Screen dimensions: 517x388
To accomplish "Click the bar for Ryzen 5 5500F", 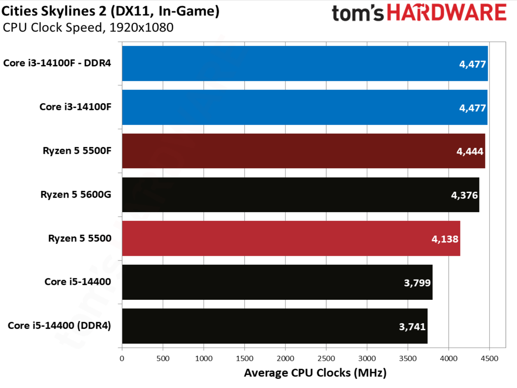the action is click(x=303, y=151).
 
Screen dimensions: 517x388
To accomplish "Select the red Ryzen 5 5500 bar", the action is click(x=291, y=238).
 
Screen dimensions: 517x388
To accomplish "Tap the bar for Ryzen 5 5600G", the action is click(x=301, y=195).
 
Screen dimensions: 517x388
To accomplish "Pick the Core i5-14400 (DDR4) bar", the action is click(x=275, y=326).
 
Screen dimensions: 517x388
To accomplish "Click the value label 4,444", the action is click(x=470, y=151).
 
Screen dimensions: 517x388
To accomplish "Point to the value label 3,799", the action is click(x=417, y=283).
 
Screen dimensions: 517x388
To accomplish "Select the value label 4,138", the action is click(x=445, y=239).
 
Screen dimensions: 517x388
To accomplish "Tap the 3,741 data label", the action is click(x=412, y=327).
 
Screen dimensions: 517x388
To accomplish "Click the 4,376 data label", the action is click(x=464, y=195).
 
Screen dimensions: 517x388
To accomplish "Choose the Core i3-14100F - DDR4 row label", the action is click(x=57, y=63).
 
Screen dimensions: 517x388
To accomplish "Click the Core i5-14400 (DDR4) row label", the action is click(x=59, y=326).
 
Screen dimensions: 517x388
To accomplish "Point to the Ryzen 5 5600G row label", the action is click(x=76, y=194).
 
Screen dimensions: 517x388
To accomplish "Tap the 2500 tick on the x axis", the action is click(x=326, y=358).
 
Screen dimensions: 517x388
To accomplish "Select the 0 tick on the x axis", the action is click(x=122, y=358).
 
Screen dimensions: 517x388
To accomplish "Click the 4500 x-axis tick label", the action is click(x=490, y=358).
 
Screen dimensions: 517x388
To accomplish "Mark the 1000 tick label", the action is click(x=204, y=358).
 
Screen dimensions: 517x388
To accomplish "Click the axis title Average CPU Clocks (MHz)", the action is click(x=315, y=373).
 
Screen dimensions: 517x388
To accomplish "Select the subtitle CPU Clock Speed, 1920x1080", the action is click(x=88, y=28).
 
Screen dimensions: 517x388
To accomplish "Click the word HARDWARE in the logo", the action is click(x=447, y=12).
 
